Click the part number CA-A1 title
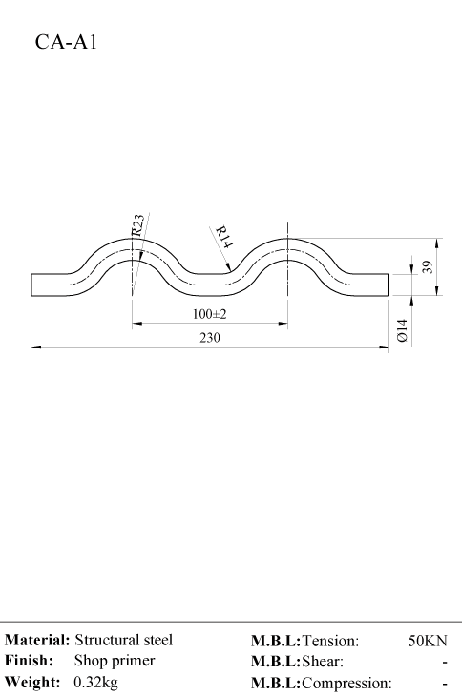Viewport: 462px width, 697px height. (66, 42)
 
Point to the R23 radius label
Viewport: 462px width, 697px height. (137, 225)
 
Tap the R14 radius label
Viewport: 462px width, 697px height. (224, 238)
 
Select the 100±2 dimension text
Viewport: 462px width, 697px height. (209, 314)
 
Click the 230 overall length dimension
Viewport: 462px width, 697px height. (210, 338)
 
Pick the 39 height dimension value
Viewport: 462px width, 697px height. (427, 267)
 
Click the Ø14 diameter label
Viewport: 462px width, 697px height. (403, 330)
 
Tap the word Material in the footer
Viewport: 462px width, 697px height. (37, 640)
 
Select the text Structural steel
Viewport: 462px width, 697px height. (123, 640)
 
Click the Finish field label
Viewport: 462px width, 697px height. (29, 661)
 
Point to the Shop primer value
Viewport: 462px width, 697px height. (115, 661)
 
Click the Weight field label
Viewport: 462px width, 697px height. (32, 682)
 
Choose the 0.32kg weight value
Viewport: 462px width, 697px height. (96, 682)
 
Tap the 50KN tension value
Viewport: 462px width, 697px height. (428, 641)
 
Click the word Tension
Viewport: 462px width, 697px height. (330, 641)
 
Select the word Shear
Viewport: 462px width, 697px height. (323, 662)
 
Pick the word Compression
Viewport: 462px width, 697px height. (347, 683)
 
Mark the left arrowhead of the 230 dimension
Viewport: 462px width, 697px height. (36, 348)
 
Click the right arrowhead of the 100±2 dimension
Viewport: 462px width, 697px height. (283, 324)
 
